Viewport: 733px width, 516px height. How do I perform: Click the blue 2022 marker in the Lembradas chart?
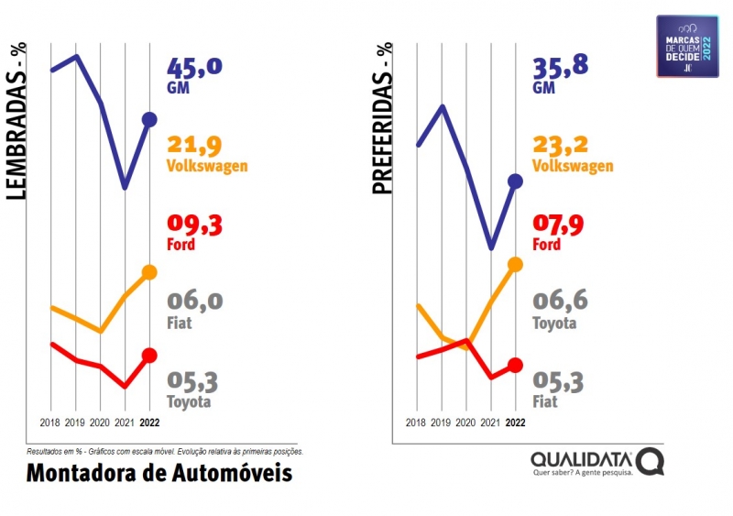149,119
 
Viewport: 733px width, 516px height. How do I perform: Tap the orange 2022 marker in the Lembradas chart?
149,272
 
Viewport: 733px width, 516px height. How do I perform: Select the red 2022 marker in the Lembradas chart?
149,356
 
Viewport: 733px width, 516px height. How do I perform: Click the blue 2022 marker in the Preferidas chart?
515,181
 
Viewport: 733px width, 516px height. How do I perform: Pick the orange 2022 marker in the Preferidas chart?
515,264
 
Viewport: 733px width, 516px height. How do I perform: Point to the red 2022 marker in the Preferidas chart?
515,365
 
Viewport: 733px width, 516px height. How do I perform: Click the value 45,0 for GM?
194,69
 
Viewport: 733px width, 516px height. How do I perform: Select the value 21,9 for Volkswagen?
194,146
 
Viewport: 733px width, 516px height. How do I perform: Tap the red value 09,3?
194,225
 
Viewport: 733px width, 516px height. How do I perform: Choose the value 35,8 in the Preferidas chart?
561,69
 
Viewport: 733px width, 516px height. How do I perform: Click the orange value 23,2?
561,146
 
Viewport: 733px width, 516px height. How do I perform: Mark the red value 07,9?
561,225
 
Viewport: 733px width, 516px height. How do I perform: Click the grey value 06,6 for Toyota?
561,302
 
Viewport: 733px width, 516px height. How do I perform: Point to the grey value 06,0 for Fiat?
194,302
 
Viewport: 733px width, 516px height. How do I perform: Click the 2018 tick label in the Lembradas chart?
51,423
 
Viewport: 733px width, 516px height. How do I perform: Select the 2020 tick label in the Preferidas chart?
466,423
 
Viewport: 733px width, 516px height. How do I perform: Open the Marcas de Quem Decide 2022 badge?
687,46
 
